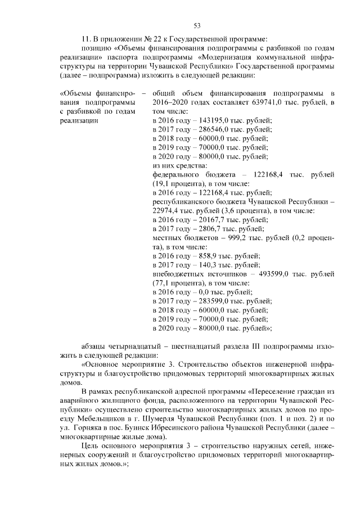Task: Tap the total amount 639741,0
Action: click(x=249, y=102)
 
